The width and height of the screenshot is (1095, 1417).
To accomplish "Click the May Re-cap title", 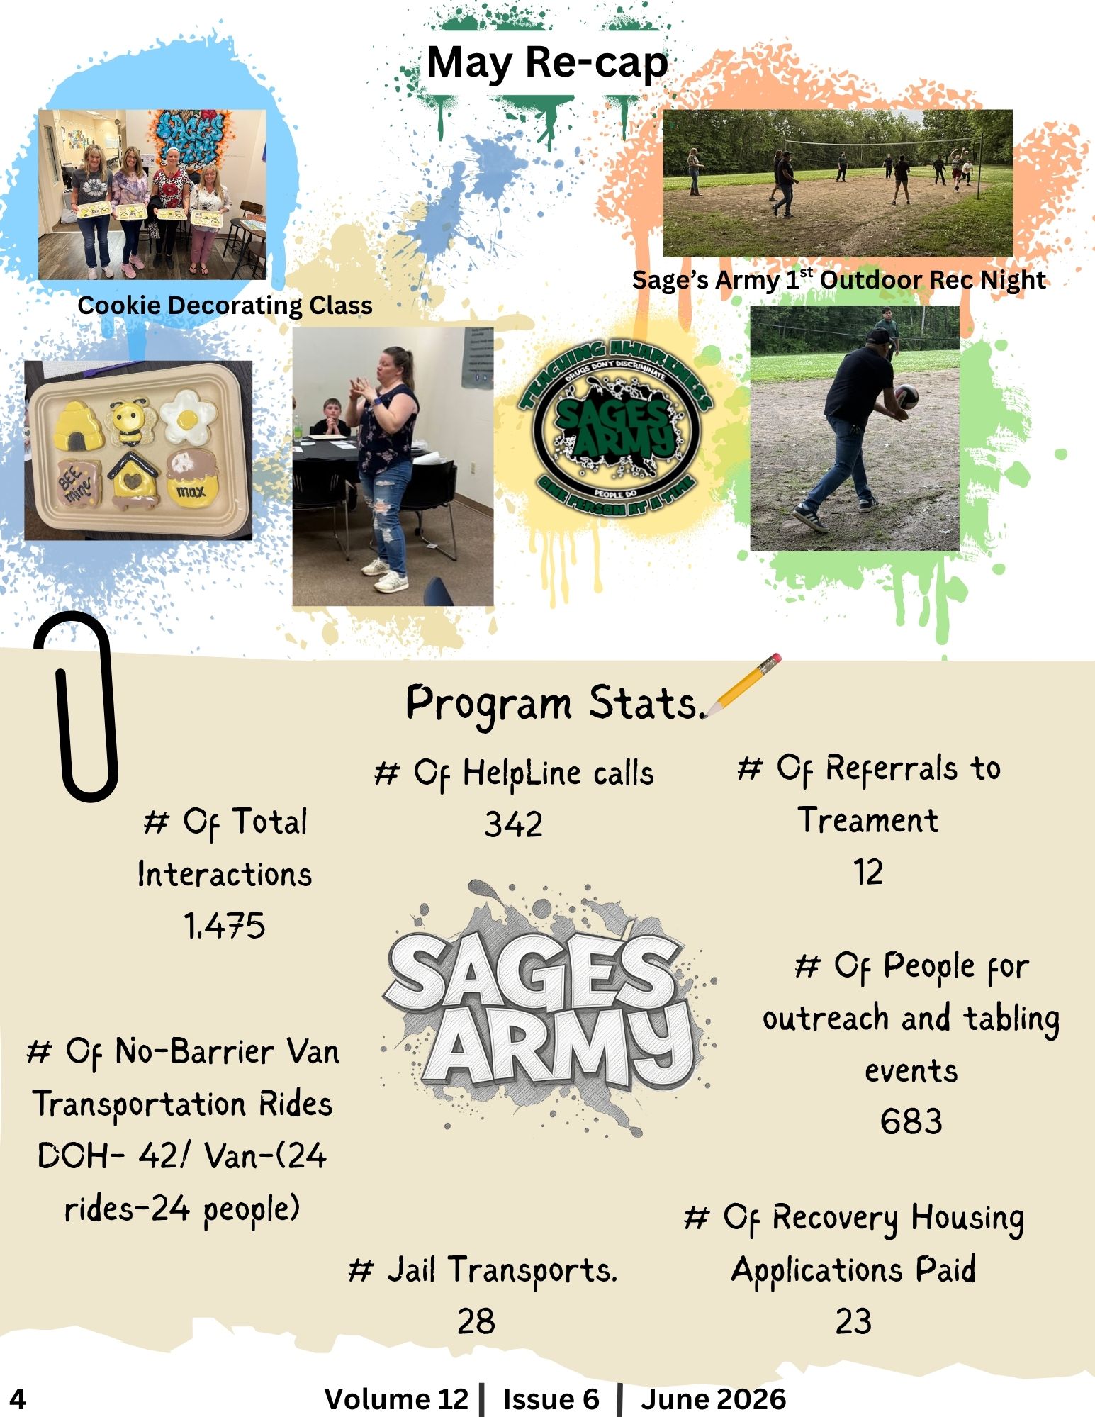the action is tap(547, 63).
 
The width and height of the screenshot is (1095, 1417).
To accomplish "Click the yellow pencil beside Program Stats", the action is tap(743, 685).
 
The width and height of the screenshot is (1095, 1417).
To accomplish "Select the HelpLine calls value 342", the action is tap(513, 824).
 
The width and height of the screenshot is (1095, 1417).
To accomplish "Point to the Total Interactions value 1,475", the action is tap(224, 926).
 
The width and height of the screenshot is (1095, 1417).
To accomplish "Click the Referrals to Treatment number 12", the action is tap(868, 872).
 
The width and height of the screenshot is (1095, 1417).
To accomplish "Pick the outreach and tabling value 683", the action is tap(911, 1121).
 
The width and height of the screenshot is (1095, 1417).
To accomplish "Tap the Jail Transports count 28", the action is tap(476, 1321).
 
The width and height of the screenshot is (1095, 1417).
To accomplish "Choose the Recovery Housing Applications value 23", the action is tap(853, 1321).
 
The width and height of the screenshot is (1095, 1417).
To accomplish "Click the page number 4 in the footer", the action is tap(17, 1399).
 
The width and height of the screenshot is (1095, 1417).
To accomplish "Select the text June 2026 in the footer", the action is tap(713, 1399).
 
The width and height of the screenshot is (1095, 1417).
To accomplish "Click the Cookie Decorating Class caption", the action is tap(225, 305).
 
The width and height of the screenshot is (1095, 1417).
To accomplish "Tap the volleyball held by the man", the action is tap(906, 397).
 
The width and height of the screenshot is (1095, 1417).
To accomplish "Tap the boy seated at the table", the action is tap(331, 418).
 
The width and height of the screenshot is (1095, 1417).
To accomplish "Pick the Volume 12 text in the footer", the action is tap(396, 1399).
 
